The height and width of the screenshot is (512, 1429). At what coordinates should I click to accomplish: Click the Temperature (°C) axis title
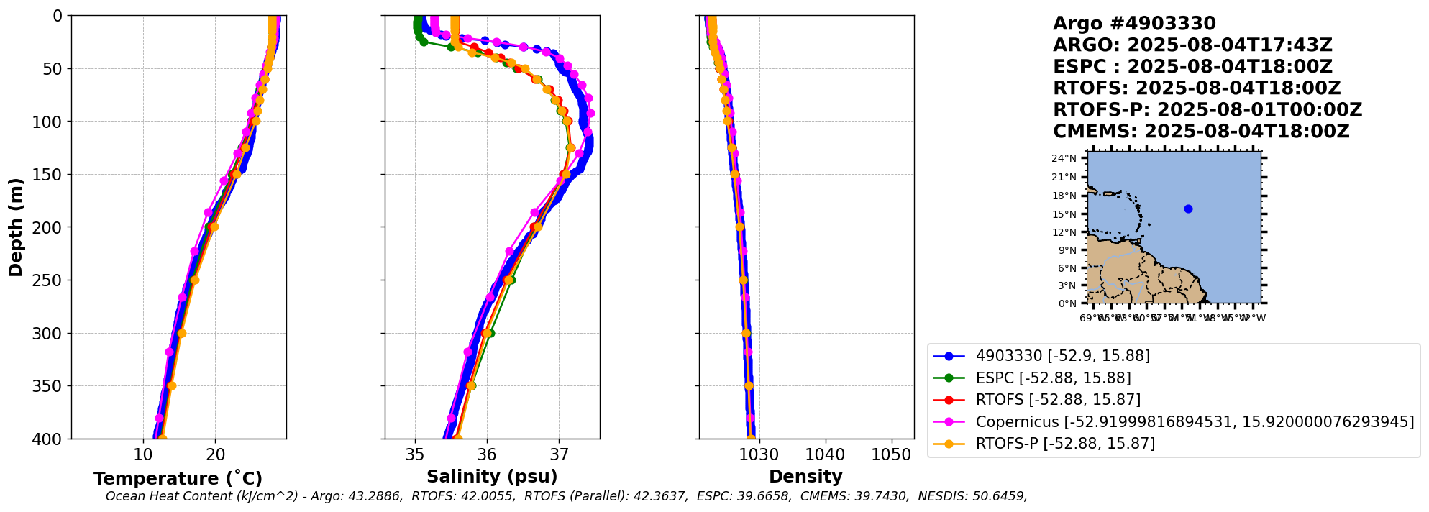178,479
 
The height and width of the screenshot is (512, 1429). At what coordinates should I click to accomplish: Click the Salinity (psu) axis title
492,477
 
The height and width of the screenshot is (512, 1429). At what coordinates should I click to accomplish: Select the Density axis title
805,477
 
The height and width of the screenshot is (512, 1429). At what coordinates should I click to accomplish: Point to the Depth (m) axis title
16,227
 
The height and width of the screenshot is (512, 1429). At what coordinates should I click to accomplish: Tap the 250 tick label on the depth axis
47,280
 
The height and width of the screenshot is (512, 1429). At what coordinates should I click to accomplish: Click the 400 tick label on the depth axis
47,439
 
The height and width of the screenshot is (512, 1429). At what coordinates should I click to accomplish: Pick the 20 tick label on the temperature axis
215,455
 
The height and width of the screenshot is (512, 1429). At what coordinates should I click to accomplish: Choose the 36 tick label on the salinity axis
487,455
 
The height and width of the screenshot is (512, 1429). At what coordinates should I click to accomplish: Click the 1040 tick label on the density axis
825,455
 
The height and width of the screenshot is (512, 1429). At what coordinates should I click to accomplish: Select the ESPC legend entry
1053,378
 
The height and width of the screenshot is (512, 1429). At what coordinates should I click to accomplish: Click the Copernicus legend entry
1194,422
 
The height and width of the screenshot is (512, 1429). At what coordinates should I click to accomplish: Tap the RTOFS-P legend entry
1064,444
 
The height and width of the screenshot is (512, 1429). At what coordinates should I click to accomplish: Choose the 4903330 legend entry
1062,356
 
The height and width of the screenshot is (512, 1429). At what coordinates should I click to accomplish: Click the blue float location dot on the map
1188,209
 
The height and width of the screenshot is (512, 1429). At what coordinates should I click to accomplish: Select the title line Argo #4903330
1134,24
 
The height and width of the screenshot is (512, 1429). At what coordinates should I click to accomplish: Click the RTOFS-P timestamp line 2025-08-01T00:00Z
1207,110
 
